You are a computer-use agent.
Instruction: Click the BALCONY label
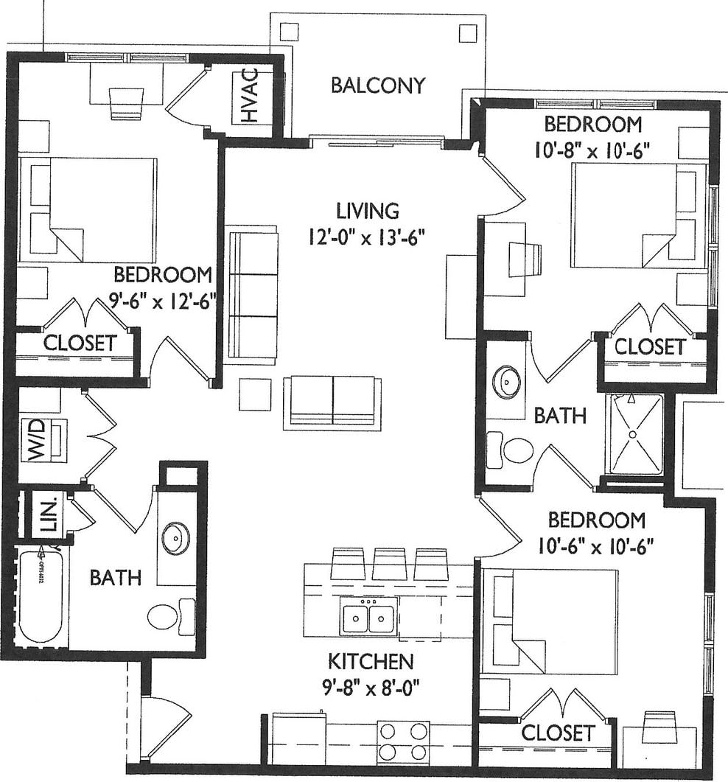[378, 85]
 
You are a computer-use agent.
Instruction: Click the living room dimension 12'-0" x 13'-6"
[368, 237]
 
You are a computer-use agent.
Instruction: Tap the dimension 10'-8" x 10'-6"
[594, 151]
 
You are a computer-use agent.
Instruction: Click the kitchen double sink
[368, 615]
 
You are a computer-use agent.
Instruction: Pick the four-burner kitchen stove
[403, 741]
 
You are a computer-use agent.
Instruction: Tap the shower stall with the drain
[634, 434]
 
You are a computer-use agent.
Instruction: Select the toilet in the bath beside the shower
[512, 449]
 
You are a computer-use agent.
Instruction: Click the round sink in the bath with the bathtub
[175, 538]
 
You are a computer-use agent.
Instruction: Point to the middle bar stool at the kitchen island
[389, 564]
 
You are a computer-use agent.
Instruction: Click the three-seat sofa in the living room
[252, 295]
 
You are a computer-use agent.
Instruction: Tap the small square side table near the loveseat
[255, 394]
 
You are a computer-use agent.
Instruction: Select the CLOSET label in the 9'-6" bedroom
[79, 343]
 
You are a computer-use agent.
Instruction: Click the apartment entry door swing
[164, 725]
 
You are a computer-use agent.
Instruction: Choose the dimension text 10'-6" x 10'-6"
[597, 548]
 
